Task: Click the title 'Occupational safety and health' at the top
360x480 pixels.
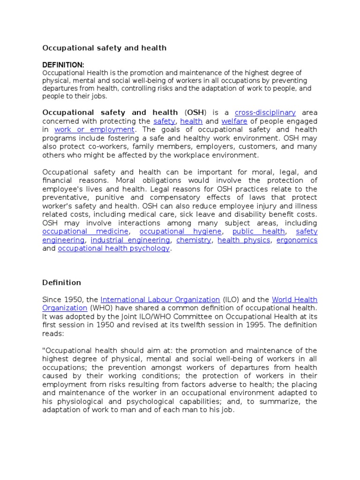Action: click(x=105, y=48)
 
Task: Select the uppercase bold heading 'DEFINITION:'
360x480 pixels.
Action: click(x=63, y=65)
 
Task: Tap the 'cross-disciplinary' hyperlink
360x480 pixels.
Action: click(x=265, y=112)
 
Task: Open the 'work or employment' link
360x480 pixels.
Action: click(x=95, y=129)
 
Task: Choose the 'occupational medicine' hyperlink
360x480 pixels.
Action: click(x=85, y=232)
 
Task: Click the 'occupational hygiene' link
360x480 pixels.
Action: click(x=180, y=232)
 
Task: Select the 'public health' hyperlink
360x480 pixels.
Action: click(x=258, y=232)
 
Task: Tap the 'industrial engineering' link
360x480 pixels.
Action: click(x=130, y=240)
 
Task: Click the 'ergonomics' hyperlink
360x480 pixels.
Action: click(x=297, y=240)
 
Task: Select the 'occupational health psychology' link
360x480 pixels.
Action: click(x=113, y=248)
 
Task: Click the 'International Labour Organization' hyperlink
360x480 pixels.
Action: click(x=160, y=300)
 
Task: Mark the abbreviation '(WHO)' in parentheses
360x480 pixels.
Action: click(x=98, y=308)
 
